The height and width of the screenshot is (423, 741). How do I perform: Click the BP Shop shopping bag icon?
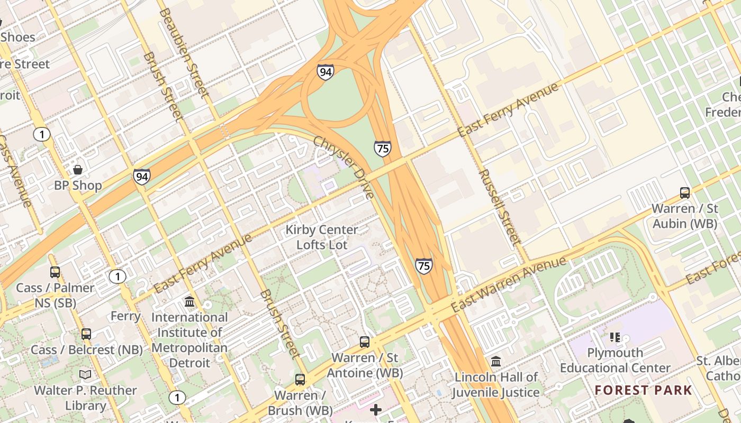[78, 170]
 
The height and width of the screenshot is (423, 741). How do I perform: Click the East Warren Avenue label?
[508, 284]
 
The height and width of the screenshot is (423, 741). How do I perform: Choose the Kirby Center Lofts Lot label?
[322, 237]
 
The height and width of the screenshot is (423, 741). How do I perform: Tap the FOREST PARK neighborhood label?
[643, 390]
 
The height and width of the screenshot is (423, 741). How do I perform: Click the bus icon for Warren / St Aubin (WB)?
[684, 193]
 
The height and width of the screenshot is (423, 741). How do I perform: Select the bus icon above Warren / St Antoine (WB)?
[365, 342]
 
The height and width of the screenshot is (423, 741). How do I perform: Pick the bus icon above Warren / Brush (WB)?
[300, 379]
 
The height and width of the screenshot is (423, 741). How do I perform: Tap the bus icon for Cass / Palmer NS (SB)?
[55, 272]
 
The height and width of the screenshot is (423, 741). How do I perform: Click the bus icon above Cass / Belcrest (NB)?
[86, 334]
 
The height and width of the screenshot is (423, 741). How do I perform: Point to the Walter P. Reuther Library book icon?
[85, 375]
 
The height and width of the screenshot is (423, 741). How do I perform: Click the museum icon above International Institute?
[189, 302]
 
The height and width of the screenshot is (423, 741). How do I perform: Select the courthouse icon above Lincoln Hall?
[496, 362]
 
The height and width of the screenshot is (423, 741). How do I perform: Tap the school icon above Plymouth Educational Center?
[615, 337]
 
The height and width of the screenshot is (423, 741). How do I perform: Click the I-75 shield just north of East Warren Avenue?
[423, 265]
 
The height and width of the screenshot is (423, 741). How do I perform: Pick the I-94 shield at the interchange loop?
[326, 72]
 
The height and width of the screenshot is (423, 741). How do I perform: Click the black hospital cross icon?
[376, 410]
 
